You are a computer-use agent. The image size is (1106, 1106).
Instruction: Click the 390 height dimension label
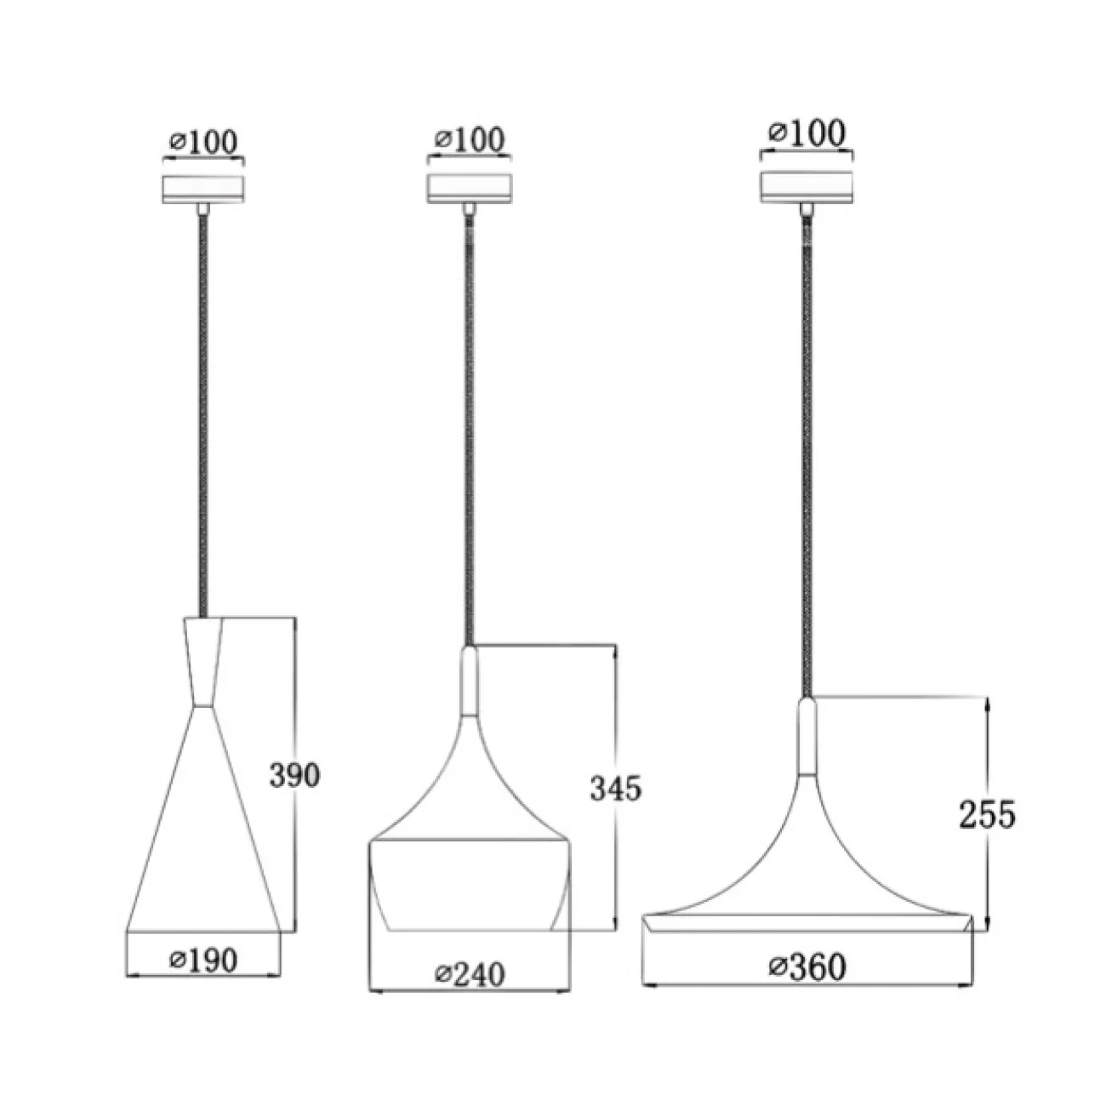point(294,775)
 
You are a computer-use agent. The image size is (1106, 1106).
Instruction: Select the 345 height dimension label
point(615,788)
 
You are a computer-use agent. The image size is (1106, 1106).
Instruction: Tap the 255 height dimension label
point(987,814)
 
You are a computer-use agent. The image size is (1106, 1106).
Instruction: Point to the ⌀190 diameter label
point(203,961)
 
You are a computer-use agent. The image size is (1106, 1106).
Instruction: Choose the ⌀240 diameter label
point(470,974)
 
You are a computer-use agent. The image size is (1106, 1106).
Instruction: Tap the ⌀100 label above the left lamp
point(203,141)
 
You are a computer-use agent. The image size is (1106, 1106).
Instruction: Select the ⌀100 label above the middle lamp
point(470,139)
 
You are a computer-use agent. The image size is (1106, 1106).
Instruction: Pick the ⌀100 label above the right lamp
point(807,133)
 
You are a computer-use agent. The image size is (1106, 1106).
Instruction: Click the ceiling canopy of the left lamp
point(203,190)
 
